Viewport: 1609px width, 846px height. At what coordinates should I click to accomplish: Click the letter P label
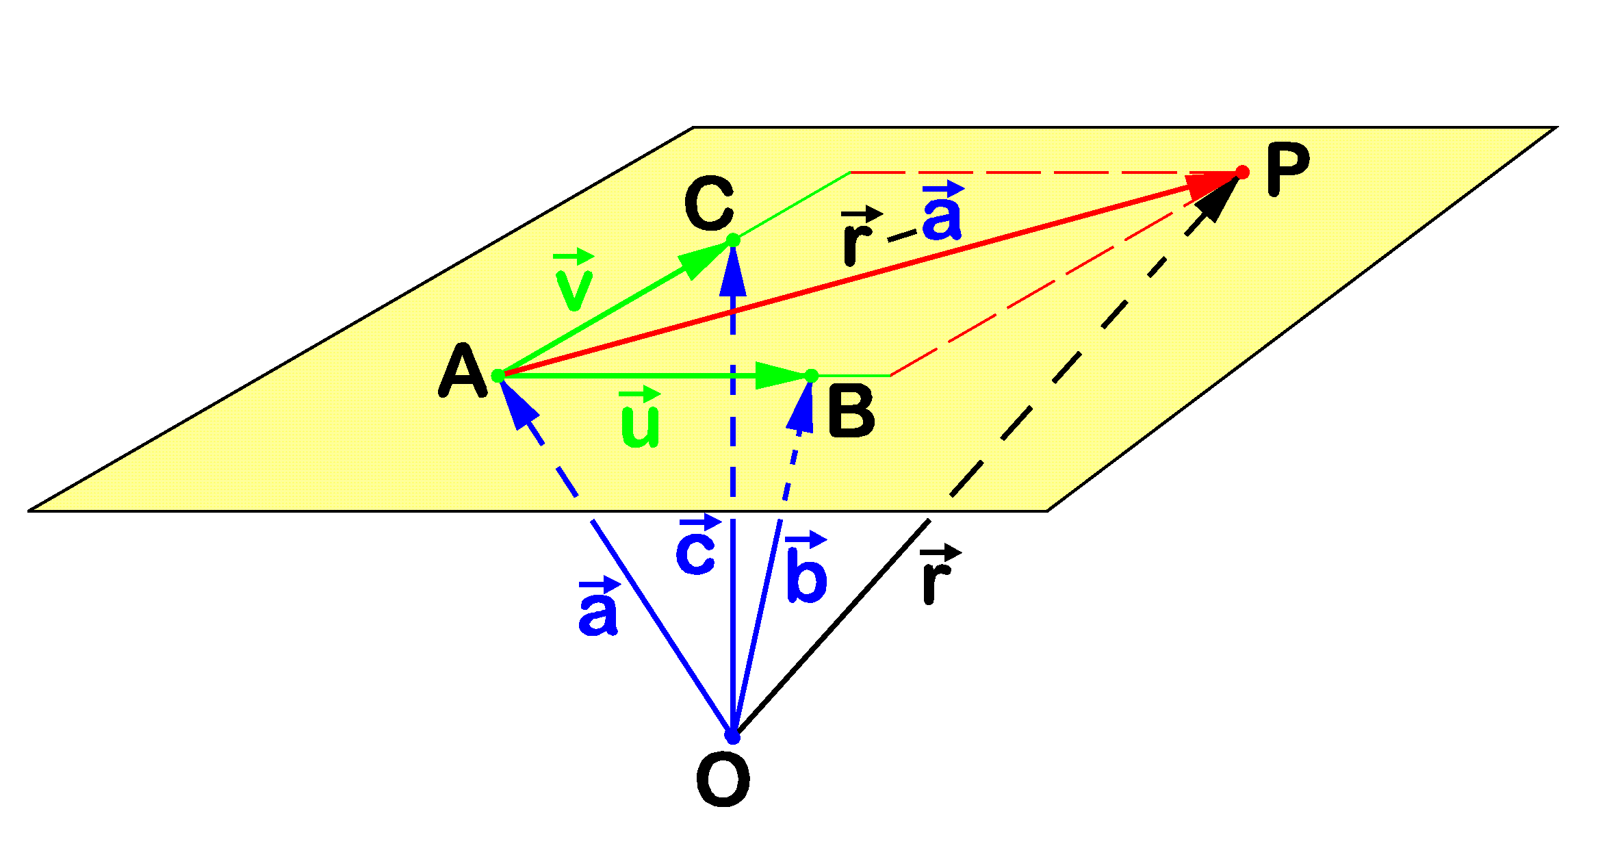tap(1287, 170)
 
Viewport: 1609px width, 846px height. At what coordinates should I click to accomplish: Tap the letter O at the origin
tap(723, 780)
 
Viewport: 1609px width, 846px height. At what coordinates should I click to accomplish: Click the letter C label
tap(710, 203)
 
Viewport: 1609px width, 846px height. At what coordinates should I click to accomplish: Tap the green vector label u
tap(639, 419)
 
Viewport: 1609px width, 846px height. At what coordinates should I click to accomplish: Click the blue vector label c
tap(696, 547)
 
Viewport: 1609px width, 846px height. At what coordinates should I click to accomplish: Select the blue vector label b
tap(806, 568)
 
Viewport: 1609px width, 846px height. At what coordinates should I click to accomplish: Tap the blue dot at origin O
tap(732, 737)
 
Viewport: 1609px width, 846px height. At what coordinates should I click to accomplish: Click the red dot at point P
tap(1242, 172)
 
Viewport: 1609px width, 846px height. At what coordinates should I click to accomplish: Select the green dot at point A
tap(498, 376)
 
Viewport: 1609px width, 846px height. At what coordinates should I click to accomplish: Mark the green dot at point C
tap(733, 240)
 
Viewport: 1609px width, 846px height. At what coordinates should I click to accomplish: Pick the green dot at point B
tap(812, 376)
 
